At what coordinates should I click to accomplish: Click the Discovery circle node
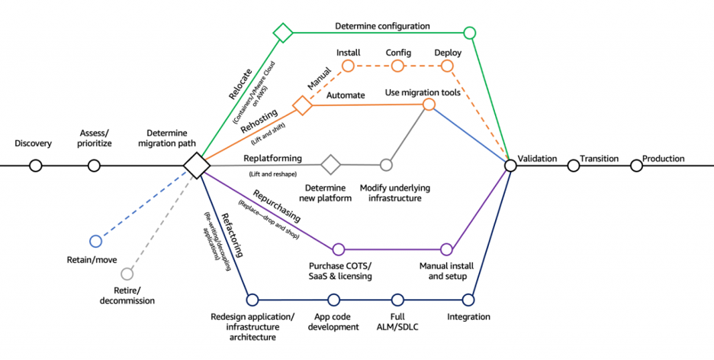click(x=35, y=166)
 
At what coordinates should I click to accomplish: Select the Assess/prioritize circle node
click(x=94, y=166)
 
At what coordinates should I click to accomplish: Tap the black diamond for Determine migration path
click(x=196, y=165)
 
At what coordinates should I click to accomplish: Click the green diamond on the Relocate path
click(x=283, y=32)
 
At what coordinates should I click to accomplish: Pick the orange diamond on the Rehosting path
click(x=303, y=105)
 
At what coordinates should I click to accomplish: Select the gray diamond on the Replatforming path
click(x=330, y=164)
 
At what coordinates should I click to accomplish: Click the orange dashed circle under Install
click(x=348, y=66)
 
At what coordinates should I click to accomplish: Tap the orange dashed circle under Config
click(x=397, y=66)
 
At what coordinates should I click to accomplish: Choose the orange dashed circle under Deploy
click(x=447, y=66)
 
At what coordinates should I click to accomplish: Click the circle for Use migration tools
click(x=429, y=104)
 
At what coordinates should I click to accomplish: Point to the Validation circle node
click(x=510, y=166)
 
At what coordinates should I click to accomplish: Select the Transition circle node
click(x=573, y=166)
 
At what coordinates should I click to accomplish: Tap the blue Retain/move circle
click(x=95, y=241)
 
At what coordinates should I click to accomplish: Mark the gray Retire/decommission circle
click(x=127, y=273)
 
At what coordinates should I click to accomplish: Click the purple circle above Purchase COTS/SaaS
click(x=339, y=249)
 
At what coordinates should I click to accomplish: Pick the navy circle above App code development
click(x=333, y=299)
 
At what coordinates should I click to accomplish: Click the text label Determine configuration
click(x=382, y=26)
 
